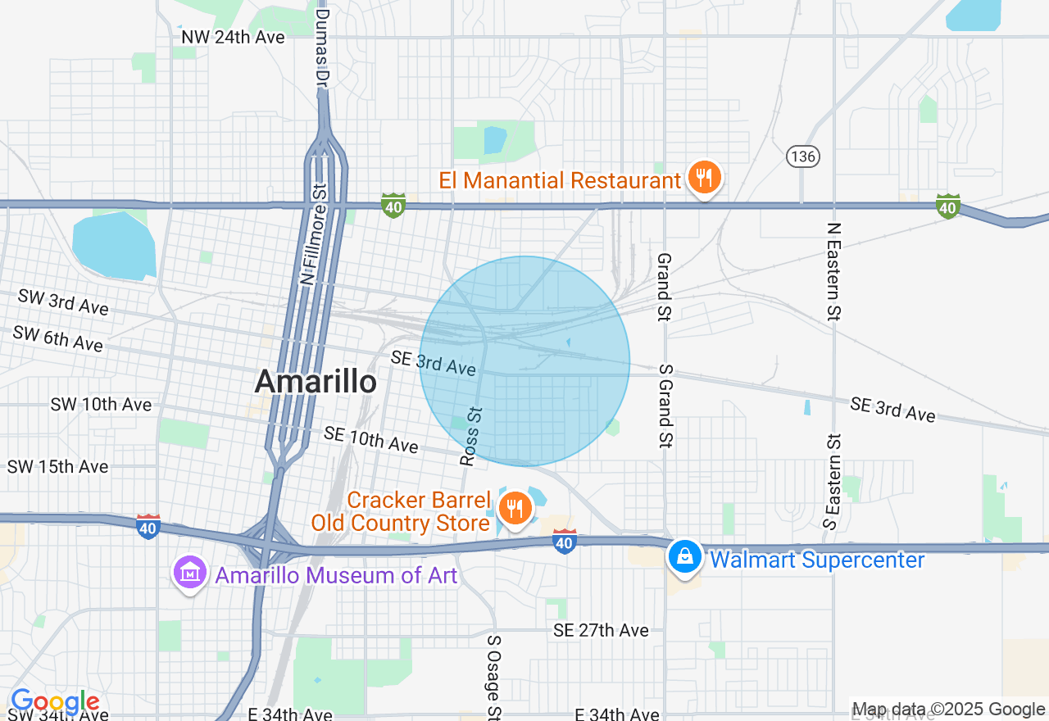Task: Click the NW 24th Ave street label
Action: [x=233, y=37]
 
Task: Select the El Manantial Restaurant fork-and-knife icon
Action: [x=703, y=177]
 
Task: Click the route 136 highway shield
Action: [x=802, y=156]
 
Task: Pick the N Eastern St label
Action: [x=833, y=271]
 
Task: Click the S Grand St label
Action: [x=664, y=406]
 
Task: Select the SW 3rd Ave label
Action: [x=63, y=302]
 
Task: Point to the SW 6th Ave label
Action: [x=57, y=338]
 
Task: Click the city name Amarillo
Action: [x=316, y=381]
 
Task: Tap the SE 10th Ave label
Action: [x=370, y=439]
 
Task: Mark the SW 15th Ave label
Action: [x=57, y=467]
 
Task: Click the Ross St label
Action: [x=471, y=436]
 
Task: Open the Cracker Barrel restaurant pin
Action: [x=515, y=509]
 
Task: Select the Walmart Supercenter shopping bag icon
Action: [x=684, y=557]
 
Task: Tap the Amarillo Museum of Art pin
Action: [x=190, y=572]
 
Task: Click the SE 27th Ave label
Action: [x=601, y=630]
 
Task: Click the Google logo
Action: [x=54, y=702]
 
